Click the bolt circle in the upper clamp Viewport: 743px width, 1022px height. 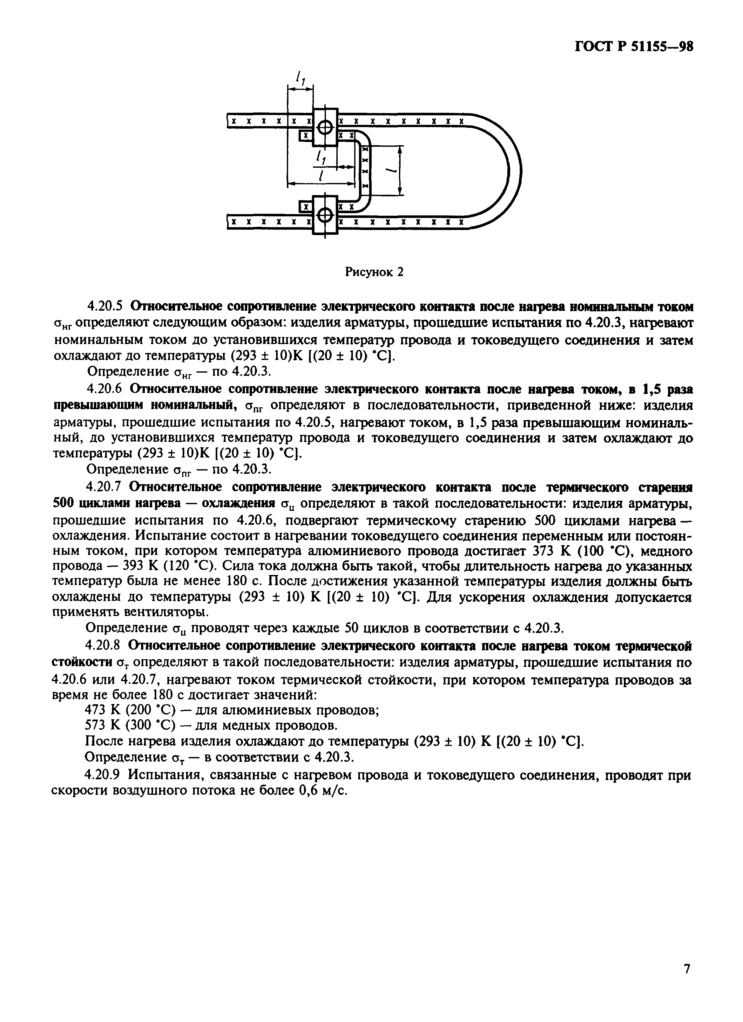pyautogui.click(x=324, y=128)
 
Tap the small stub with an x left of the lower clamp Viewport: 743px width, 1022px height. pyautogui.click(x=306, y=207)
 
